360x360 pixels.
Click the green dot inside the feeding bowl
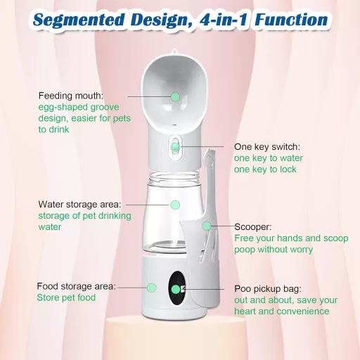(175, 97)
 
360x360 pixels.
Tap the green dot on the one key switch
(175, 147)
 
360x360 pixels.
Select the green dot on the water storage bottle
(175, 205)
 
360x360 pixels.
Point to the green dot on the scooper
(207, 226)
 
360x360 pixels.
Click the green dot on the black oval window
(176, 290)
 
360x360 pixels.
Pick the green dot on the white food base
(152, 288)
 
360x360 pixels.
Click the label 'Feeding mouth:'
(71, 96)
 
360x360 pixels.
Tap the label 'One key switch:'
(267, 147)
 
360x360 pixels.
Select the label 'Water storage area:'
(79, 205)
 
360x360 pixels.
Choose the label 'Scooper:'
(253, 227)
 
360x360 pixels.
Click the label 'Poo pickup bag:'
(268, 289)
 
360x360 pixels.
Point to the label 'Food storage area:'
(77, 286)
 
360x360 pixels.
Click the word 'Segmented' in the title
(79, 20)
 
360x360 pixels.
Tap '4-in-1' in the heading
(224, 19)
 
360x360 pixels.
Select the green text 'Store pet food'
(66, 297)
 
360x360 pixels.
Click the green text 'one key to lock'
(265, 169)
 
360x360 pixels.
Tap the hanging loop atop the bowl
(174, 51)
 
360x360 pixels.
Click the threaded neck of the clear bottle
(174, 176)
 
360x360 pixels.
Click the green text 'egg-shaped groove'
(79, 108)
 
